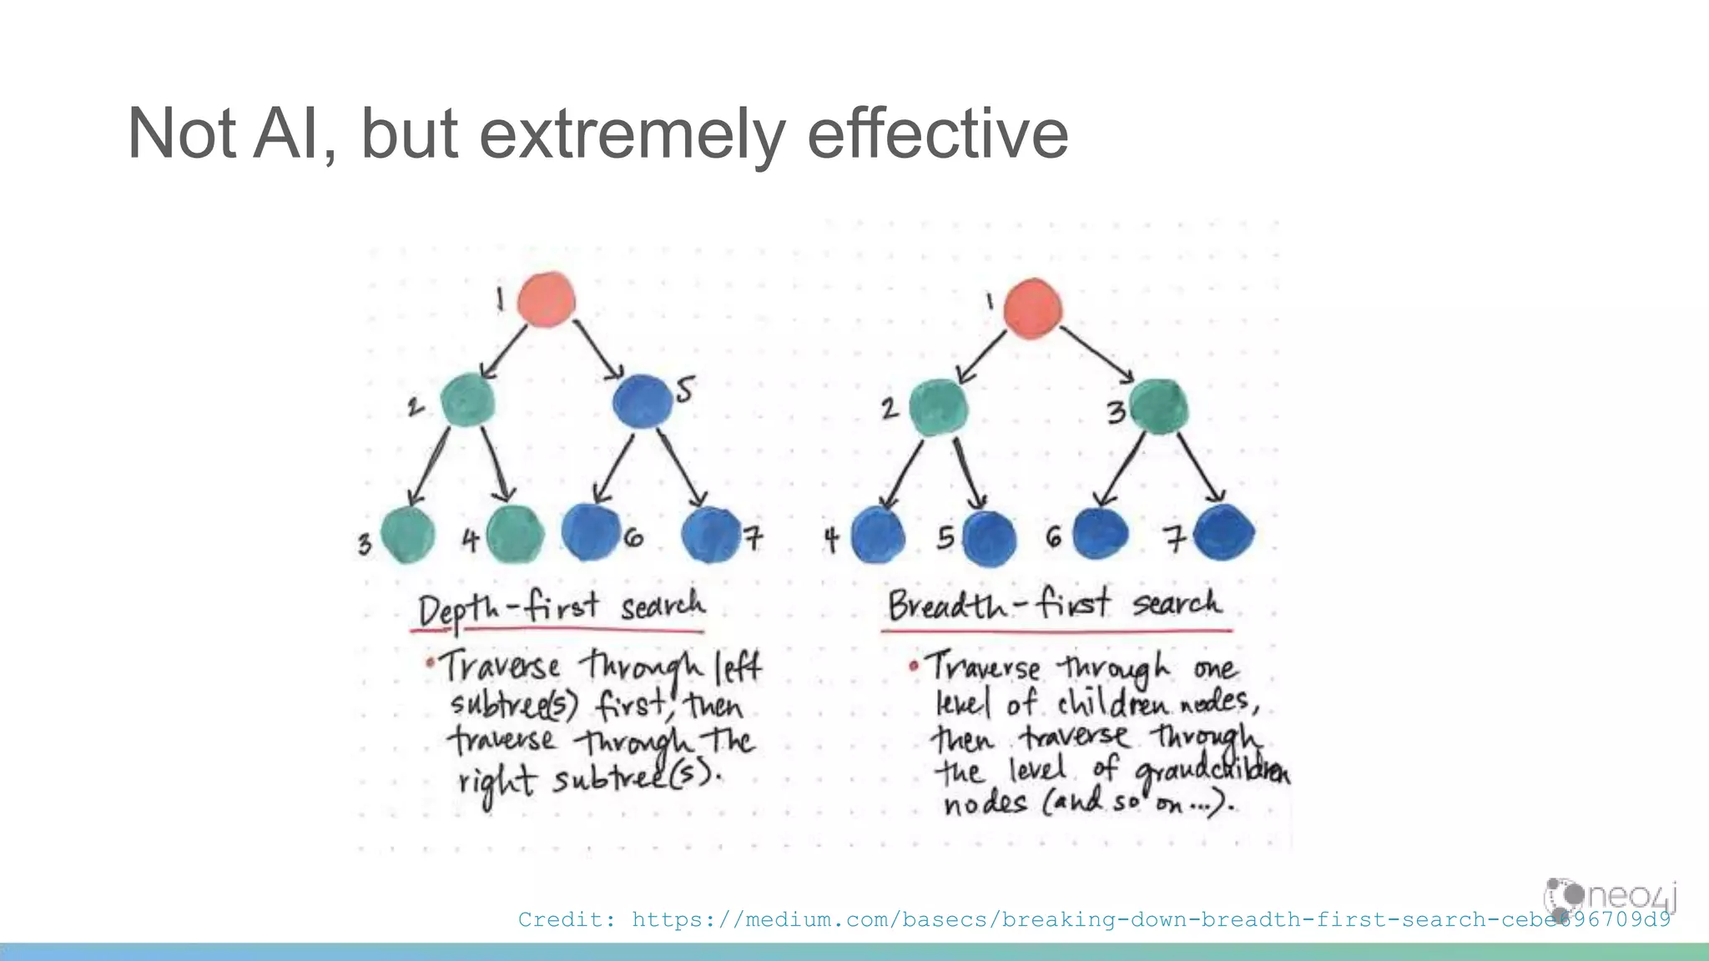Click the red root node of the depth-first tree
click(x=546, y=299)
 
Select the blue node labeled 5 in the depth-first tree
click(x=642, y=401)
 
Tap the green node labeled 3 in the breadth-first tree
click(x=1159, y=406)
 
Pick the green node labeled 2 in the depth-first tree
click(x=467, y=400)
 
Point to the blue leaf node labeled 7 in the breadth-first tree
click(x=1224, y=532)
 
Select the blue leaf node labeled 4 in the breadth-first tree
click(x=878, y=536)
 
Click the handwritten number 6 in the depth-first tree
click(x=633, y=538)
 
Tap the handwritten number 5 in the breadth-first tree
click(x=945, y=537)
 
